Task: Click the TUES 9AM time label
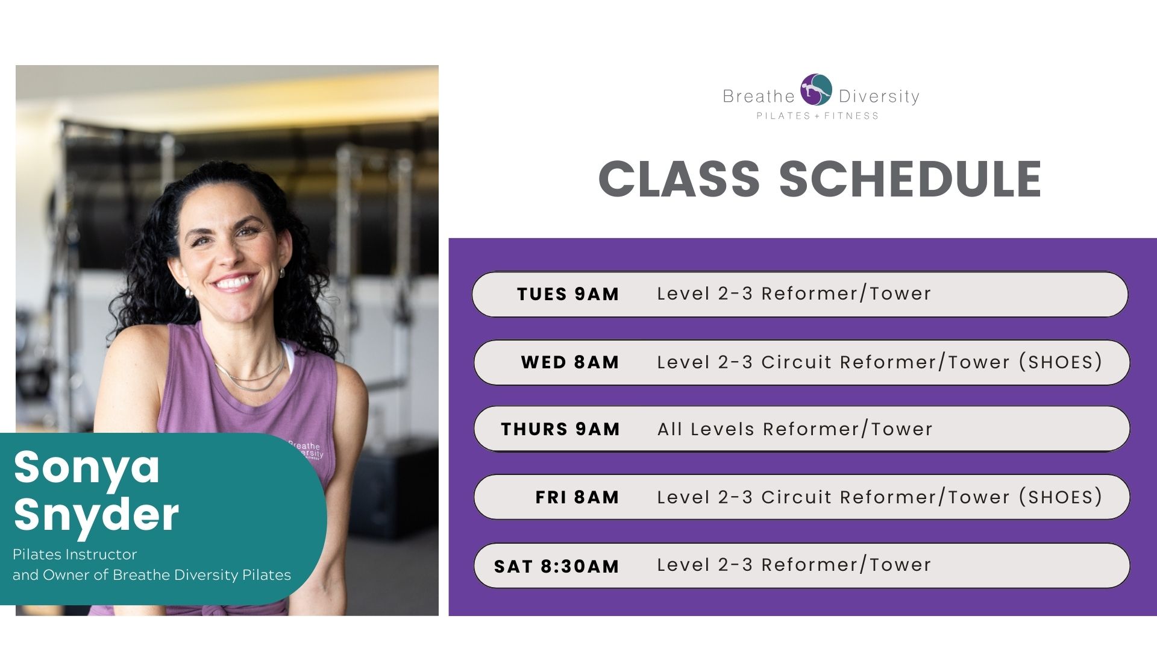pyautogui.click(x=568, y=294)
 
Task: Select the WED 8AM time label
pyautogui.click(x=570, y=362)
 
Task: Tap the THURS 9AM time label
pyautogui.click(x=560, y=429)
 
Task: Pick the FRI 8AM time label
pyautogui.click(x=577, y=497)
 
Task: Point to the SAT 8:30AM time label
pyautogui.click(x=557, y=567)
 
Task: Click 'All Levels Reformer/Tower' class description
pyautogui.click(x=795, y=429)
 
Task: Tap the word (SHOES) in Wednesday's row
pyautogui.click(x=1061, y=362)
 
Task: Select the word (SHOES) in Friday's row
pyautogui.click(x=1061, y=497)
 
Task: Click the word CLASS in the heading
pyautogui.click(x=679, y=179)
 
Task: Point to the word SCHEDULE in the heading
pyautogui.click(x=911, y=179)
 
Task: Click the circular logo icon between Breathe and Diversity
pyautogui.click(x=816, y=90)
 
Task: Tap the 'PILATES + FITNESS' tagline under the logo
pyautogui.click(x=818, y=116)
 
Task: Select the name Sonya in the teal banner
pyautogui.click(x=87, y=468)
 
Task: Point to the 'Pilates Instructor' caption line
pyautogui.click(x=75, y=555)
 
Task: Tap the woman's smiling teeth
pyautogui.click(x=234, y=282)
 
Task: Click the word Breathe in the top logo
pyautogui.click(x=759, y=96)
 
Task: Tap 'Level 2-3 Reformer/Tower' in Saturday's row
pyautogui.click(x=794, y=565)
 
